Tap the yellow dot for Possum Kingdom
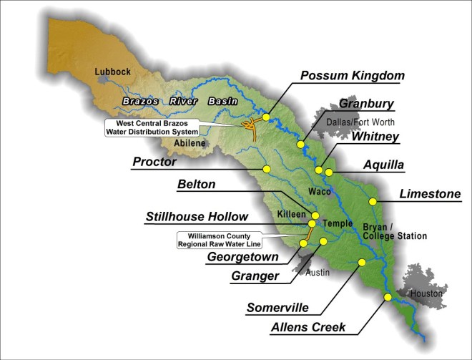point(266,117)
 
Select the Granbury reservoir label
point(365,104)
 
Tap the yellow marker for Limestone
point(372,201)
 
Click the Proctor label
point(154,162)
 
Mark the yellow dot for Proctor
point(266,169)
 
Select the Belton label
point(196,185)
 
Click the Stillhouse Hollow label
point(197,216)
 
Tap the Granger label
point(255,276)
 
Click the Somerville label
point(277,308)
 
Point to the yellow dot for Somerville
point(361,263)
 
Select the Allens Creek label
point(308,327)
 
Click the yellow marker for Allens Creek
point(388,297)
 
